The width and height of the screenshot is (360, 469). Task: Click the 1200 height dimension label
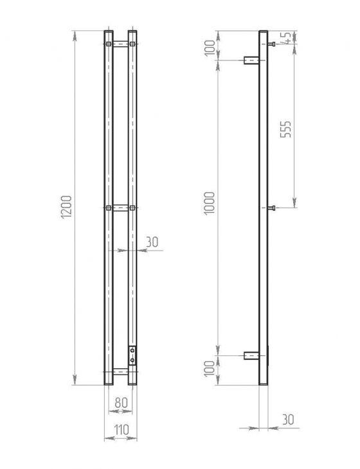coord(66,208)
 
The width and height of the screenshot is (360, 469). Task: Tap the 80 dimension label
coord(122,402)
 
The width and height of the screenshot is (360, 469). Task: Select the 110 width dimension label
coord(122,430)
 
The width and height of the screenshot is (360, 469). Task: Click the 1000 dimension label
coord(209,203)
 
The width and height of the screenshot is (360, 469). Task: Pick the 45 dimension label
coord(286,38)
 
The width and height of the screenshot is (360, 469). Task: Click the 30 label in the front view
coord(152,242)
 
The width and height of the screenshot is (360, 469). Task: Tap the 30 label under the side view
coord(288,420)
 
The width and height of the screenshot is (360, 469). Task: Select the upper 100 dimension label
coord(210,48)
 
